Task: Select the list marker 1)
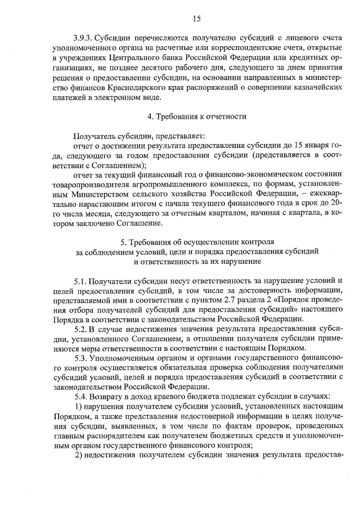pyautogui.click(x=79, y=406)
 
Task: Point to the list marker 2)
pyautogui.click(x=79, y=456)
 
